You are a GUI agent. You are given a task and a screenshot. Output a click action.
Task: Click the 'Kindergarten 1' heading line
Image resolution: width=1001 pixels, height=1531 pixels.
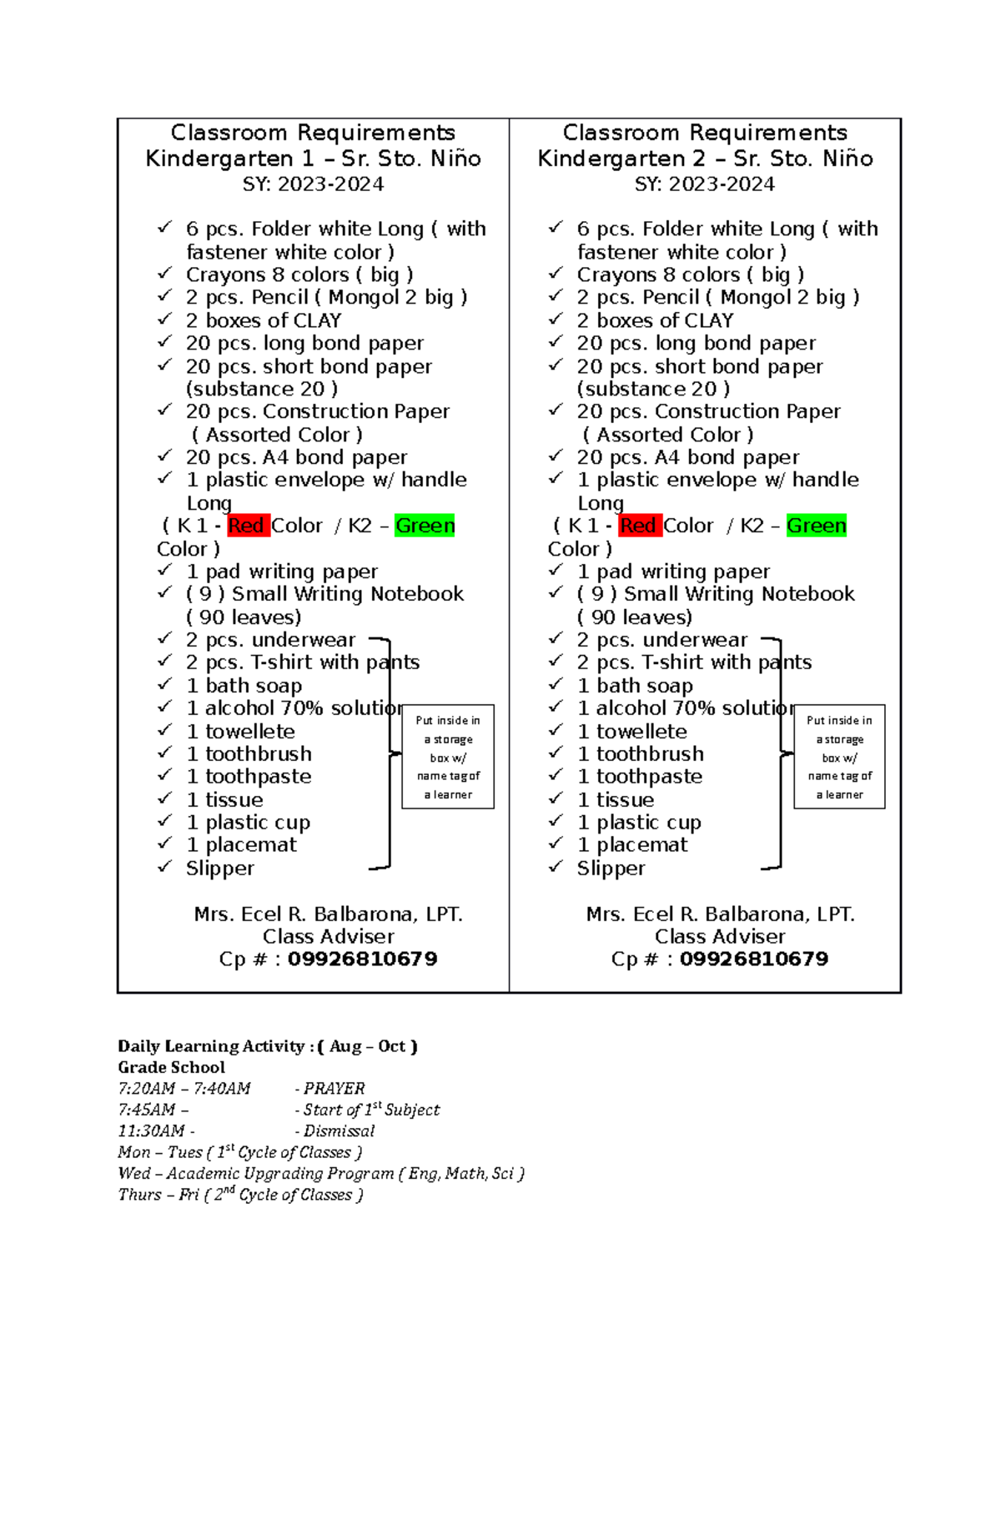tap(313, 159)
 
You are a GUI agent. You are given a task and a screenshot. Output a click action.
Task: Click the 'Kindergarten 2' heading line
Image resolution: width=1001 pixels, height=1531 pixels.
tap(705, 159)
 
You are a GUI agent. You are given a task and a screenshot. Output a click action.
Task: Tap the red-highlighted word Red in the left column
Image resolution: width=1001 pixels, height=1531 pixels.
tap(247, 526)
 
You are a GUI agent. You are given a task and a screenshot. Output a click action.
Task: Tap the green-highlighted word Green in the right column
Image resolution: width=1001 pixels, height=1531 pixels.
tap(816, 526)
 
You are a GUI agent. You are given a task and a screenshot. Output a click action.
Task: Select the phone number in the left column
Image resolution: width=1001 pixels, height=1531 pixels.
tap(362, 959)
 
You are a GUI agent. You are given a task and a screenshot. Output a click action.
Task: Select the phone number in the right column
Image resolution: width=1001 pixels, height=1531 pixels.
tap(753, 959)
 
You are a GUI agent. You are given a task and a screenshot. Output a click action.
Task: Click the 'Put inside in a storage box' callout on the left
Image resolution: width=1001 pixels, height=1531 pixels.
tap(448, 757)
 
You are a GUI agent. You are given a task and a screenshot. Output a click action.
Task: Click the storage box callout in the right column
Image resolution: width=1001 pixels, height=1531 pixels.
tap(839, 757)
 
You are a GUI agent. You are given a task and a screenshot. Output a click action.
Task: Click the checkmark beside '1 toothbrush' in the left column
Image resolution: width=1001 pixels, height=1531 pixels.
tap(164, 753)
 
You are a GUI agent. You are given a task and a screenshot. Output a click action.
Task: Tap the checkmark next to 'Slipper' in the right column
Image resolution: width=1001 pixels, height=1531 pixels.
tap(556, 867)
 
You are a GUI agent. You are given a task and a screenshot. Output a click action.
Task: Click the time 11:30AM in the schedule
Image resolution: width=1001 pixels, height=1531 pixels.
tap(151, 1131)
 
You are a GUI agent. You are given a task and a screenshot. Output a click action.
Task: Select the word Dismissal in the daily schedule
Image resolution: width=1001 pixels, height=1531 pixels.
tap(339, 1131)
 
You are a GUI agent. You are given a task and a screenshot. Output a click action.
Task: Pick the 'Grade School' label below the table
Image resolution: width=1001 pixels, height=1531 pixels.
tap(171, 1067)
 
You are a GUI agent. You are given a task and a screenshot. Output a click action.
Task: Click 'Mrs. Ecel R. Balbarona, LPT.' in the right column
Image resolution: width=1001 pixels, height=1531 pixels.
tap(720, 914)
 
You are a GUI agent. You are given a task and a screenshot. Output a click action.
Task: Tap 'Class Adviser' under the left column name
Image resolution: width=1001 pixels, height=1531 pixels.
tap(328, 936)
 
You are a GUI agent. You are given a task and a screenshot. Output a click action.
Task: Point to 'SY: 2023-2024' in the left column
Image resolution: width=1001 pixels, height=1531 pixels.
tap(313, 184)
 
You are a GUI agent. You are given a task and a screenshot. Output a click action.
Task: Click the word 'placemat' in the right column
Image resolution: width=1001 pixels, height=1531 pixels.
tap(641, 844)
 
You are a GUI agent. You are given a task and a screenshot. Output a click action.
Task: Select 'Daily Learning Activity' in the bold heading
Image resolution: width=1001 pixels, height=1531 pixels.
tap(211, 1046)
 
